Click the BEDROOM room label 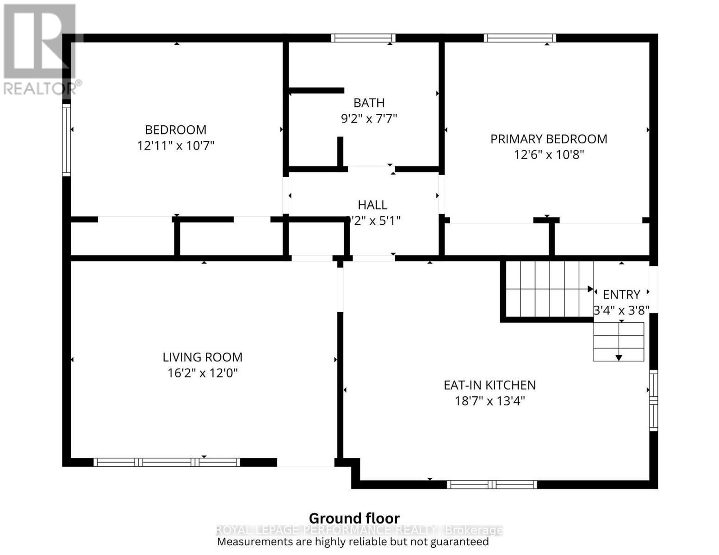[x=175, y=130]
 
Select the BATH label [x=369, y=103]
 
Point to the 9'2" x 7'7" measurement [x=369, y=119]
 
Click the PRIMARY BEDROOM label [x=549, y=139]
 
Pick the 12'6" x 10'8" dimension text [x=549, y=154]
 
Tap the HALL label [x=372, y=205]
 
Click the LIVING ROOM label [x=202, y=357]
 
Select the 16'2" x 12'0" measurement [x=202, y=373]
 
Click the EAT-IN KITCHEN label [x=490, y=385]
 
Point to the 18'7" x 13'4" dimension [x=490, y=401]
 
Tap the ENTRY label [x=621, y=295]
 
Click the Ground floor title [x=354, y=518]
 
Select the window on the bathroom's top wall [x=363, y=38]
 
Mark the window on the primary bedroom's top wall [x=520, y=38]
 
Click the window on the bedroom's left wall [x=67, y=140]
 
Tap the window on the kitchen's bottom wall [x=492, y=485]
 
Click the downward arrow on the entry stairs [x=619, y=357]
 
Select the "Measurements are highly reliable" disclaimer [x=353, y=542]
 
